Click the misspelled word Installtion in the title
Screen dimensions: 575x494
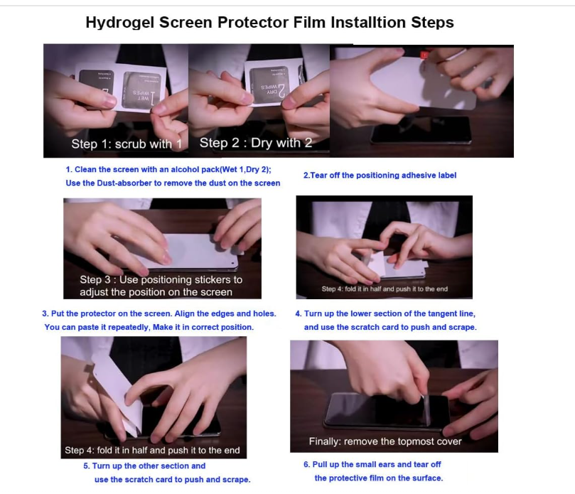pyautogui.click(x=368, y=22)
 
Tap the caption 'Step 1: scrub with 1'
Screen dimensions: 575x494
pyautogui.click(x=127, y=144)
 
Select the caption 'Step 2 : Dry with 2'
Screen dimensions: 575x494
pyautogui.click(x=256, y=143)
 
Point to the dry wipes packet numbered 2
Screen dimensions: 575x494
pyautogui.click(x=269, y=85)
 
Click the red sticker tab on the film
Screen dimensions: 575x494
pyautogui.click(x=424, y=55)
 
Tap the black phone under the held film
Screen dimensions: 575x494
pyautogui.click(x=421, y=131)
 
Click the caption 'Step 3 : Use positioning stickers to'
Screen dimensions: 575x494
pyautogui.click(x=161, y=280)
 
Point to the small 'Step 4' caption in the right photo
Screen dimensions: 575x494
pyautogui.click(x=385, y=289)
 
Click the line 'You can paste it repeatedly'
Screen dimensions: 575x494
pyautogui.click(x=97, y=327)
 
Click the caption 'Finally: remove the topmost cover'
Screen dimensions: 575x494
pyautogui.click(x=385, y=441)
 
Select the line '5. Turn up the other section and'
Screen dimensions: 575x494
pyautogui.click(x=144, y=466)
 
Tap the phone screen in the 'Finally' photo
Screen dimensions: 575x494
pyautogui.click(x=386, y=409)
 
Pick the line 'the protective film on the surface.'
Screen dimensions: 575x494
pyautogui.click(x=379, y=478)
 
